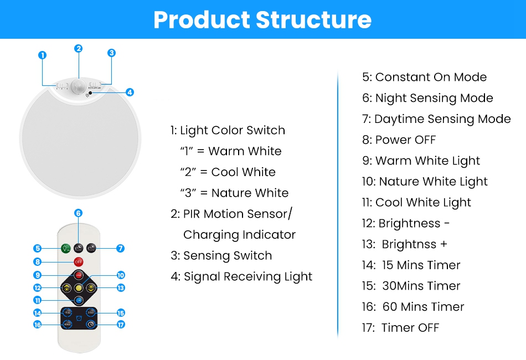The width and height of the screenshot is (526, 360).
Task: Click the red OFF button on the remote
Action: click(x=79, y=262)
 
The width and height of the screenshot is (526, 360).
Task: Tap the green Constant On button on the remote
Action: click(x=66, y=248)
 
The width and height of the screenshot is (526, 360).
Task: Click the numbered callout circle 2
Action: click(x=79, y=48)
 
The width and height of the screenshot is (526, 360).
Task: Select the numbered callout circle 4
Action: click(x=130, y=92)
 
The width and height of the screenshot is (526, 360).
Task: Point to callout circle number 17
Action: click(x=121, y=325)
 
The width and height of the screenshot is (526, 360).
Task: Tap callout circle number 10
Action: click(x=121, y=275)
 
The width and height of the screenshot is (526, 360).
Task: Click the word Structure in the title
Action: click(x=313, y=19)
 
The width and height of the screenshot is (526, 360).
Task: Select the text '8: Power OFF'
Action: click(x=399, y=140)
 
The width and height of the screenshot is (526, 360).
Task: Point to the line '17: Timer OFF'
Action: click(x=400, y=327)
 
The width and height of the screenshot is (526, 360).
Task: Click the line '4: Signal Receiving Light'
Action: click(x=241, y=276)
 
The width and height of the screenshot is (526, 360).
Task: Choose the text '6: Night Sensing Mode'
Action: click(x=427, y=98)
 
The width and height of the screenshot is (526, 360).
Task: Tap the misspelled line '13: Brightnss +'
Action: click(x=405, y=244)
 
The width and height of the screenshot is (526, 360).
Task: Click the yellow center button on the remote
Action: click(x=79, y=287)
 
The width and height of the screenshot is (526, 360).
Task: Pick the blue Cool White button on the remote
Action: click(x=79, y=300)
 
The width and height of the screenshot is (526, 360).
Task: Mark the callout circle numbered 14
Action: click(x=37, y=313)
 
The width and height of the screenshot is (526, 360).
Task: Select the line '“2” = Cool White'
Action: click(x=228, y=172)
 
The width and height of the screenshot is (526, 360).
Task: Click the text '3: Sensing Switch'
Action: click(x=221, y=256)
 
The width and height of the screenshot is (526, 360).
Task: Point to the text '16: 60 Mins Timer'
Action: click(x=413, y=307)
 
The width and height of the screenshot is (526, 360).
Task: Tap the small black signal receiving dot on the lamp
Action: click(x=90, y=93)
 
